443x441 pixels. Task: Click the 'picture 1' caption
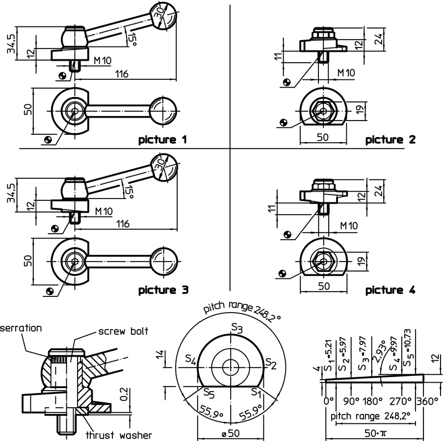163,140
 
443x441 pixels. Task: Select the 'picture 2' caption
391,140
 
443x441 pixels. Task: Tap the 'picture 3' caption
163,291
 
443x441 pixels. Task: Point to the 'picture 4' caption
391,291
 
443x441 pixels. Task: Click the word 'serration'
21,328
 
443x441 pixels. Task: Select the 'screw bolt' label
123,331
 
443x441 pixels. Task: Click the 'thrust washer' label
119,435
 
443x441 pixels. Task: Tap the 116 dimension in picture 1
122,74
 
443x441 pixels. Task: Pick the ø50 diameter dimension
231,433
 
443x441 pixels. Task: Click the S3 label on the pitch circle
237,328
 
